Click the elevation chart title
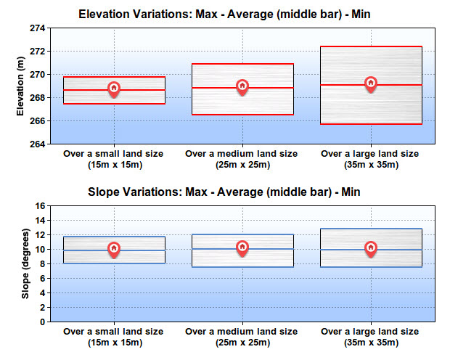point(224,14)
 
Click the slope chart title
point(224,192)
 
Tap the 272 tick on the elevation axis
point(38,51)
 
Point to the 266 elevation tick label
point(38,121)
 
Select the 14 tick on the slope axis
point(40,220)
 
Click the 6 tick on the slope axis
point(43,278)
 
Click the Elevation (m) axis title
point(20,86)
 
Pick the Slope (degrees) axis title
point(25,263)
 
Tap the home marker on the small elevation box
point(114,89)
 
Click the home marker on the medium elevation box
point(242,87)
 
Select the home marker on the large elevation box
point(371,84)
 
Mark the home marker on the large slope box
point(371,249)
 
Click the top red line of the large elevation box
point(372,46)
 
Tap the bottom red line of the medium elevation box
point(243,115)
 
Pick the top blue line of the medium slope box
point(243,234)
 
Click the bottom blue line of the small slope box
point(114,263)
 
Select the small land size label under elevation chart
point(114,159)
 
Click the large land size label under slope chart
point(370,337)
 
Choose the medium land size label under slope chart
point(242,337)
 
